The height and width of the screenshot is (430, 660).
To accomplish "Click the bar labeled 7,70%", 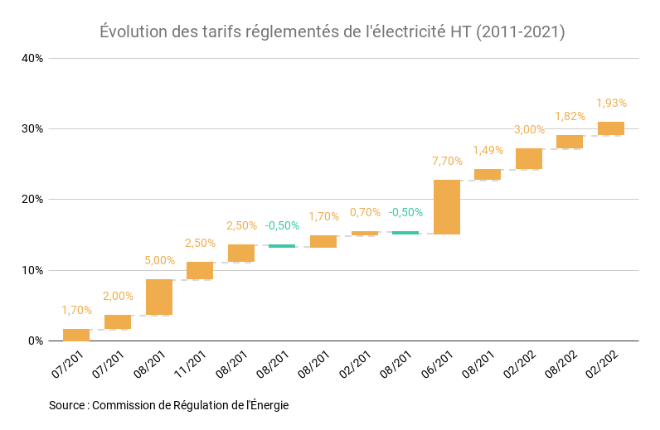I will click(446, 207).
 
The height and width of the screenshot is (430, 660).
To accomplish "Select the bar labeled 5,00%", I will click(158, 297).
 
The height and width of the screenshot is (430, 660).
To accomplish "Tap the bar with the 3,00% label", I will click(528, 158).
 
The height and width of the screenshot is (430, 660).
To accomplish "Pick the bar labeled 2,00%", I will click(118, 321).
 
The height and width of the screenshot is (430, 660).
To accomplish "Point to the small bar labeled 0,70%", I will click(364, 234).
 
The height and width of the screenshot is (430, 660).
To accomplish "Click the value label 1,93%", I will click(611, 103).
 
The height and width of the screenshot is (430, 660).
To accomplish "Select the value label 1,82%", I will click(570, 116).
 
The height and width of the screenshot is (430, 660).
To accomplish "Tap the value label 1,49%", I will click(488, 150).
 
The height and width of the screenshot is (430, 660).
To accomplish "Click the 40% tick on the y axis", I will click(32, 58).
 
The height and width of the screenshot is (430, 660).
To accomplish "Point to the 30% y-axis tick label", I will click(32, 128).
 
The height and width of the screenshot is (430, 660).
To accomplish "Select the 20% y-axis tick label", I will click(32, 200).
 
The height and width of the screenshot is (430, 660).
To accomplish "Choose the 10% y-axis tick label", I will click(32, 270).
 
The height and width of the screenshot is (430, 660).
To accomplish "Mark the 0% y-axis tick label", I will click(36, 341).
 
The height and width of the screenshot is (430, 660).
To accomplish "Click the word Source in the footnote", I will click(66, 405).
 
